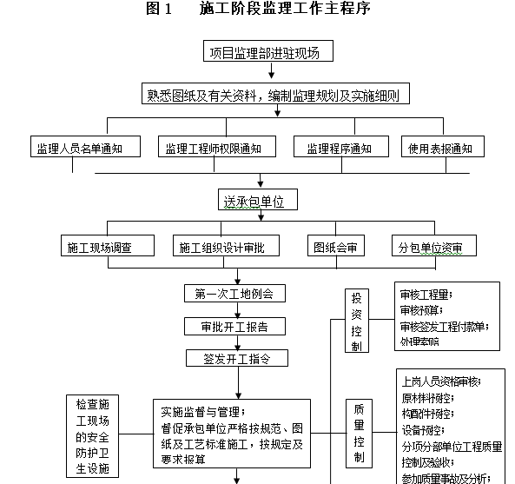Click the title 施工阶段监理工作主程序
tap(272, 10)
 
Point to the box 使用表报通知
tap(440, 149)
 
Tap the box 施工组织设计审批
tap(228, 248)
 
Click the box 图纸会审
tap(335, 248)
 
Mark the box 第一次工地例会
tap(234, 295)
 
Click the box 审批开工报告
tap(234, 327)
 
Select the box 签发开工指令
tap(234, 358)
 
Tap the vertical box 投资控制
tap(357, 321)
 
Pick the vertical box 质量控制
tap(359, 431)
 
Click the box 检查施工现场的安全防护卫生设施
tap(93, 437)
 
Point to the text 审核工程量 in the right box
tap(425, 295)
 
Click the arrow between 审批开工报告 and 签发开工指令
tap(235, 342)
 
